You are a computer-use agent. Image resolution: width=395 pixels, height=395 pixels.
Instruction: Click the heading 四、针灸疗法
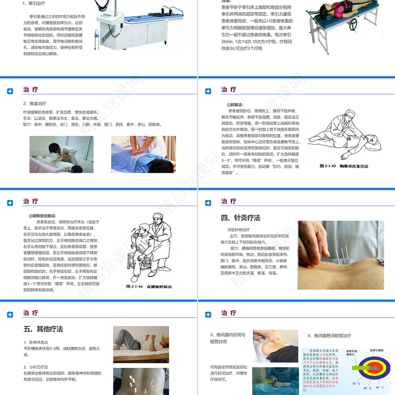(x=240, y=218)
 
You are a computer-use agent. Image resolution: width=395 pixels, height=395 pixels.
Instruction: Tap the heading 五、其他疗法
(x=43, y=329)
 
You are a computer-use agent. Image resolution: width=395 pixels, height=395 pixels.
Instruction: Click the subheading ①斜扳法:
(x=235, y=105)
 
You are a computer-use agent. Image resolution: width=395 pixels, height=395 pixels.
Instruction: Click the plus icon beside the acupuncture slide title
(x=208, y=203)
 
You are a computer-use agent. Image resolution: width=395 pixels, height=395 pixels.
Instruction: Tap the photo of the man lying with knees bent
(x=141, y=344)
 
